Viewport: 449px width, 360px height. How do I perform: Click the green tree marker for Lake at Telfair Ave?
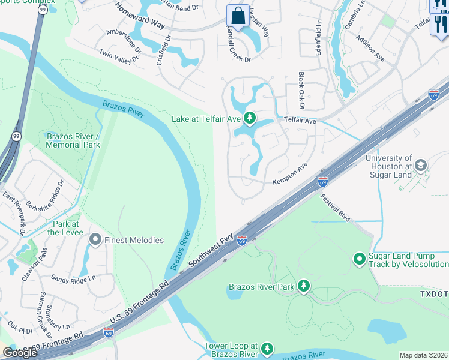pos(250,118)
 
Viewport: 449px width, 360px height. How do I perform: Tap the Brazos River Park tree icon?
pos(304,286)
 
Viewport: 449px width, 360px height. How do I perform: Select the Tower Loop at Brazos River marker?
pos(267,349)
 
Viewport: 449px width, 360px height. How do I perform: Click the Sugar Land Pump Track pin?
pos(360,259)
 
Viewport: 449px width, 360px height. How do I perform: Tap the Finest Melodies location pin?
pos(95,240)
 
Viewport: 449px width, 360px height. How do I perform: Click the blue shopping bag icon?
pos(238,16)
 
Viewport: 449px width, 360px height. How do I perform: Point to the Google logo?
pos(20,353)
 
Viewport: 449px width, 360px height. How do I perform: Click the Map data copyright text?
pos(424,355)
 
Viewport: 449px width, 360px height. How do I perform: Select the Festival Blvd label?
pos(334,207)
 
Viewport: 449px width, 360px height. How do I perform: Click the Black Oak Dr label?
pos(301,91)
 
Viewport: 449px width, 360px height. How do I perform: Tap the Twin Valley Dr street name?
pos(119,55)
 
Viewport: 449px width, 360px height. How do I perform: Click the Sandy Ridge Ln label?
pos(73,279)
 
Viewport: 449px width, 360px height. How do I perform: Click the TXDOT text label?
pos(434,295)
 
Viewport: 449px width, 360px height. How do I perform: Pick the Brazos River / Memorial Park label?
pos(73,140)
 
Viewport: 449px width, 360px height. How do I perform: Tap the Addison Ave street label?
pos(370,47)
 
